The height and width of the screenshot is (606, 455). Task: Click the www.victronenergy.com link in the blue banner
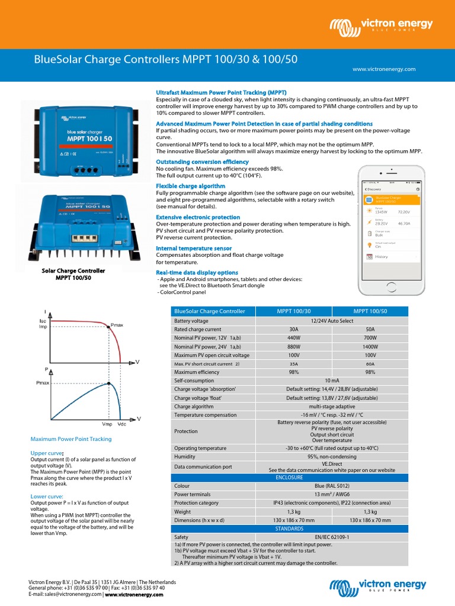[384, 69]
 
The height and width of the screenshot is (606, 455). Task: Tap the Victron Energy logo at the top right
[382, 26]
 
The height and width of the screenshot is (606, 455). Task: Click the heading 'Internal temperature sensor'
[194, 248]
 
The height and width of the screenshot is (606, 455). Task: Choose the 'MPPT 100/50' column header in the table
[370, 311]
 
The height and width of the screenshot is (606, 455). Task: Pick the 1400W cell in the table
[370, 346]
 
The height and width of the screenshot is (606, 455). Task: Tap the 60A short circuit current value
[370, 363]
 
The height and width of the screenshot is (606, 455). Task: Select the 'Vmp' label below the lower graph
[107, 424]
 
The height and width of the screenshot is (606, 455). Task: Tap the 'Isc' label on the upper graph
[43, 320]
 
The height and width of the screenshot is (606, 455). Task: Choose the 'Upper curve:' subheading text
[47, 453]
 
